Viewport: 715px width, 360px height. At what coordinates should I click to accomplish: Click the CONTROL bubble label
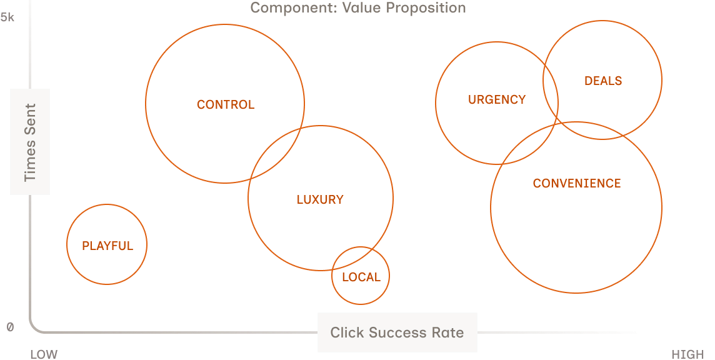coord(226,105)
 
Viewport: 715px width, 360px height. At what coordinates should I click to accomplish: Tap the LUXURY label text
coord(320,200)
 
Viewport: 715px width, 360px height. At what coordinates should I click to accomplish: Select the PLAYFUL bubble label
coord(107,246)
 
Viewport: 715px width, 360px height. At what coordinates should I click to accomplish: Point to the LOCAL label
coord(361,277)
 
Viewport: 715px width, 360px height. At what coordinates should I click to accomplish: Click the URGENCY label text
coord(497,99)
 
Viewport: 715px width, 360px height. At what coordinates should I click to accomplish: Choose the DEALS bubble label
coord(603,81)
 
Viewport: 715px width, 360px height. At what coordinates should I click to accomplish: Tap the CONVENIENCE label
coord(577,184)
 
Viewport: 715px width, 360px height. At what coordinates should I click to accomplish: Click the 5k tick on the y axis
coord(7,17)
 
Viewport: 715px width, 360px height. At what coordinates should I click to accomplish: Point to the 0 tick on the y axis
coord(10,327)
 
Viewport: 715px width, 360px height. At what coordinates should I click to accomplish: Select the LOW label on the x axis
coord(44,354)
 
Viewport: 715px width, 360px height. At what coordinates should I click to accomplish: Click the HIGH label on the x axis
coord(687,354)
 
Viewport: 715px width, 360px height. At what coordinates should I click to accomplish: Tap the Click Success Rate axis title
coord(397,332)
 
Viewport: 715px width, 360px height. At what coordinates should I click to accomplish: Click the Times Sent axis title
coord(30,142)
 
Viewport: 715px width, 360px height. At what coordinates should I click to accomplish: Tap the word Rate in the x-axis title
coord(447,332)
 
